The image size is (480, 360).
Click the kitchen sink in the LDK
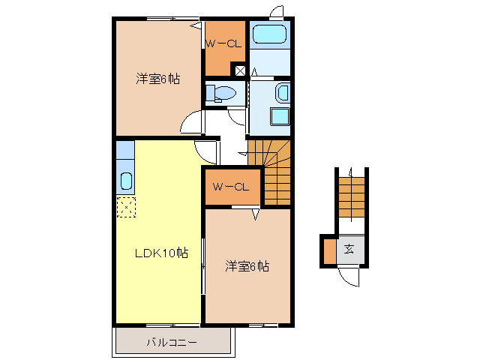[125, 181]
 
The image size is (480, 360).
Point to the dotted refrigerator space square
[125, 205]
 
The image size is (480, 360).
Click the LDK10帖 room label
[160, 253]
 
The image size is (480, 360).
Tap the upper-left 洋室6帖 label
[157, 78]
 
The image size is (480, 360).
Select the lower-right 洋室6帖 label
[247, 266]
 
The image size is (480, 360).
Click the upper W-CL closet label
[223, 44]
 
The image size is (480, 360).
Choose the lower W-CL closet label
[231, 186]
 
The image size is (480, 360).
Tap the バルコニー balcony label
[172, 343]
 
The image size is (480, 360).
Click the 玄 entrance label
[349, 250]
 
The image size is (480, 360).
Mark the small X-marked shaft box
[240, 71]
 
